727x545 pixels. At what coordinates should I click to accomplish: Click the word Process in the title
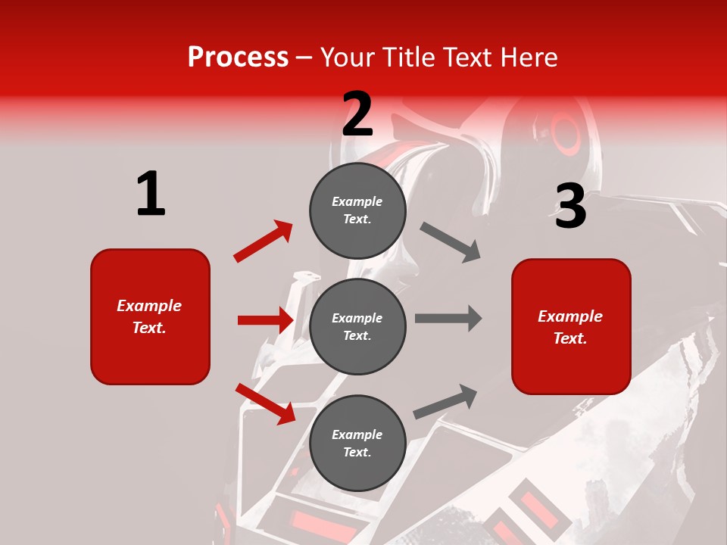[238, 58]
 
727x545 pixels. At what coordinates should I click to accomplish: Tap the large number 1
[151, 194]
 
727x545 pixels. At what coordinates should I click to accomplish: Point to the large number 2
[357, 114]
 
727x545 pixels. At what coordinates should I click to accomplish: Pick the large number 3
[570, 207]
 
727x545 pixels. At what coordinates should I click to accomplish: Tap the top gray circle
[357, 210]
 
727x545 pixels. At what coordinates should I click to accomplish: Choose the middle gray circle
[357, 326]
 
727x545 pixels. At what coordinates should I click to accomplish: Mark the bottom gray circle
[357, 443]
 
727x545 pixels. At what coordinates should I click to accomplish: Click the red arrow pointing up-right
[264, 241]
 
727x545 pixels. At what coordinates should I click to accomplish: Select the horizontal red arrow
[265, 320]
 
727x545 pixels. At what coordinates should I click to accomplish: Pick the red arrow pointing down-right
[265, 403]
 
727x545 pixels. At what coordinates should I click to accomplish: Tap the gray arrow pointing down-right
[451, 242]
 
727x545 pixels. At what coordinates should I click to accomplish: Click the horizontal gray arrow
[448, 318]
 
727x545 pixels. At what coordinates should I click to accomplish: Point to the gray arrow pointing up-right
[446, 402]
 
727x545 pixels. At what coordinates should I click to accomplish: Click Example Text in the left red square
[149, 316]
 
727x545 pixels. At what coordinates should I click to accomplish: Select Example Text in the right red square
[570, 327]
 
